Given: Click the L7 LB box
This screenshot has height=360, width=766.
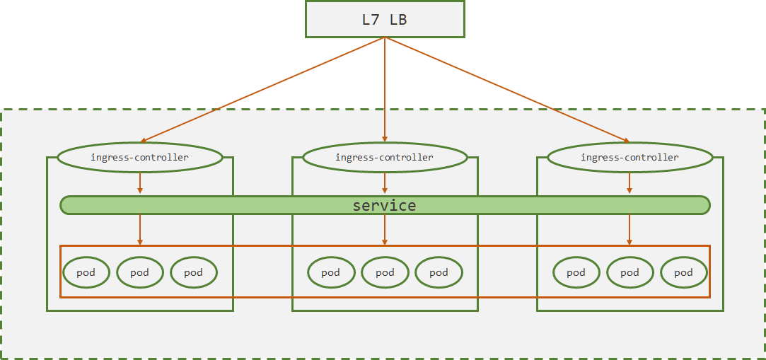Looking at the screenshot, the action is (385, 20).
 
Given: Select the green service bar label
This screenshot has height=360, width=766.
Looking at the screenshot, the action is (385, 205).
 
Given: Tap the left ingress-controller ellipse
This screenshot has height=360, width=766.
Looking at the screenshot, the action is (140, 157).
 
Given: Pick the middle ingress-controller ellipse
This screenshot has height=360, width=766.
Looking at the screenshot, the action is (385, 157).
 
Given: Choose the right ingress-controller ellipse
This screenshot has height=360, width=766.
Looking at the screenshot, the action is (629, 157).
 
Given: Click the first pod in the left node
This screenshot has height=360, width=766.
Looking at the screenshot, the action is (86, 272).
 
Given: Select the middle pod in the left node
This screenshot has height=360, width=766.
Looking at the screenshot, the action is (140, 272).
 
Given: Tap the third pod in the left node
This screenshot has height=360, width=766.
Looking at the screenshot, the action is (194, 272).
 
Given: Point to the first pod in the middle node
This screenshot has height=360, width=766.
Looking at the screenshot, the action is (331, 272).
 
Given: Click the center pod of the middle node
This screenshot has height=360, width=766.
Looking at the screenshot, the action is (385, 272).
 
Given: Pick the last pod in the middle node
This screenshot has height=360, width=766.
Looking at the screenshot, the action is (439, 272).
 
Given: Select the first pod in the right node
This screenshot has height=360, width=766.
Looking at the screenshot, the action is (576, 272).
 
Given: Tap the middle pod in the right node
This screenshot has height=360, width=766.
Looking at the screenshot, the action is (630, 272).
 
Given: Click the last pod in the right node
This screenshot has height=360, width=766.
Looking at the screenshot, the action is (684, 272).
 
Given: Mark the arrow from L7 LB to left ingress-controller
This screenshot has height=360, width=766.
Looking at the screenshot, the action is (263, 90).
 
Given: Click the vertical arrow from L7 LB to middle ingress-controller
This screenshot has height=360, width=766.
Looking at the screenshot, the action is (385, 90).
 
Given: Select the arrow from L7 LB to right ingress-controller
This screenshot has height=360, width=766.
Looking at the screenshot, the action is (507, 90).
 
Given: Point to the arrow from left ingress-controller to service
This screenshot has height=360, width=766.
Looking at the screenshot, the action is (140, 183).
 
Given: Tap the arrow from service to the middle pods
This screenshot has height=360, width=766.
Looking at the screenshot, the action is (385, 230).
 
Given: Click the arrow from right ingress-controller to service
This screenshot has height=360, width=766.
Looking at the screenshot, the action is (629, 183).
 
